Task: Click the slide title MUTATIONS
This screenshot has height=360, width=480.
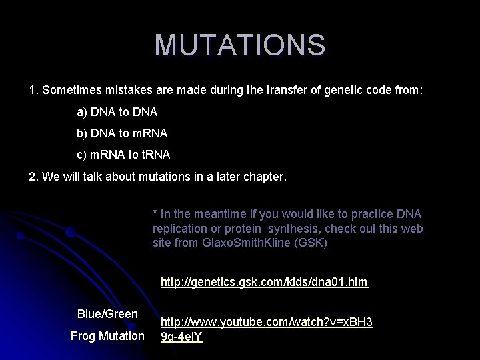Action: coord(240,45)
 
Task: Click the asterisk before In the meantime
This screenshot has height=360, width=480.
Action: coord(155,214)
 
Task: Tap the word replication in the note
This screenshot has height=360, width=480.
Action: coord(178,228)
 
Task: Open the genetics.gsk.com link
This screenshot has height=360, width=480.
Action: coord(264,282)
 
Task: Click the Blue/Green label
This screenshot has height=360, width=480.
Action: coord(107,314)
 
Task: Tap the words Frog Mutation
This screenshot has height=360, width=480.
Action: coord(107,335)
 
